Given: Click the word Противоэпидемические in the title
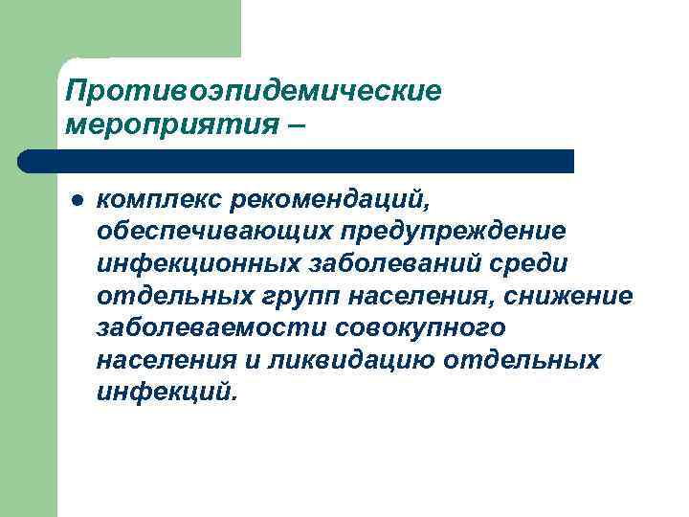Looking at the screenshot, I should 253,92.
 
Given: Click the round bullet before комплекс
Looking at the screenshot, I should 75,199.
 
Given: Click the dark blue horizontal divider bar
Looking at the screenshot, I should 297,160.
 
